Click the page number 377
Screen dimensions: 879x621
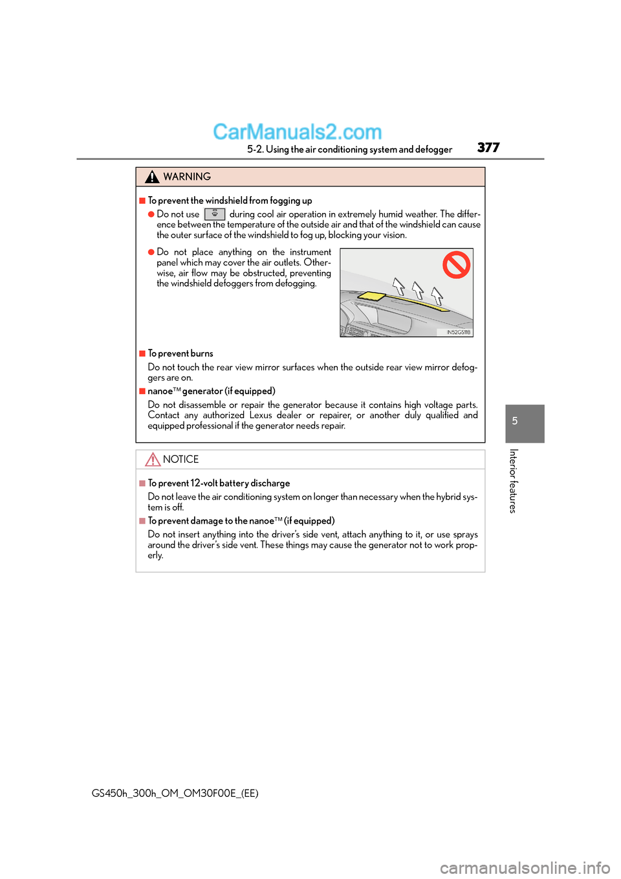(488, 148)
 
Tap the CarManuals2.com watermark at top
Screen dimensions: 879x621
(297, 132)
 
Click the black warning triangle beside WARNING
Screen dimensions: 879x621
(152, 177)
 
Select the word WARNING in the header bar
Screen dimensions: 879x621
(187, 177)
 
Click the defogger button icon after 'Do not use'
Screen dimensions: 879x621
(215, 214)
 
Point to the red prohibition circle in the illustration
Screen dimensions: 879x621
(456, 265)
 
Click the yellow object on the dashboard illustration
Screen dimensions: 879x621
(371, 296)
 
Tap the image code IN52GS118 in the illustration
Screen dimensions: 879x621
(458, 332)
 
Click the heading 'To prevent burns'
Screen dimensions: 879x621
(180, 353)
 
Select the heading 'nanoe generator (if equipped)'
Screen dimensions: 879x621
(212, 391)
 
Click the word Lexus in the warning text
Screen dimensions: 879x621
(261, 416)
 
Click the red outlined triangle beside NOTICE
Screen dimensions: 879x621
(153, 460)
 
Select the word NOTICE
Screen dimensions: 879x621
(180, 460)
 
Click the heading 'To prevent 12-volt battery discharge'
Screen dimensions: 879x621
(219, 484)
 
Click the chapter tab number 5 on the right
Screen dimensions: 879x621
(515, 421)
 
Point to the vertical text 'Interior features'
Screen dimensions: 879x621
(513, 481)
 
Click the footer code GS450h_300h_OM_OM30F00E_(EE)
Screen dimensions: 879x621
(175, 794)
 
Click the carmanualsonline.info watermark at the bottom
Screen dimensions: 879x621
(525, 867)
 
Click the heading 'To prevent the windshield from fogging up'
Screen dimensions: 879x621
(230, 201)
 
